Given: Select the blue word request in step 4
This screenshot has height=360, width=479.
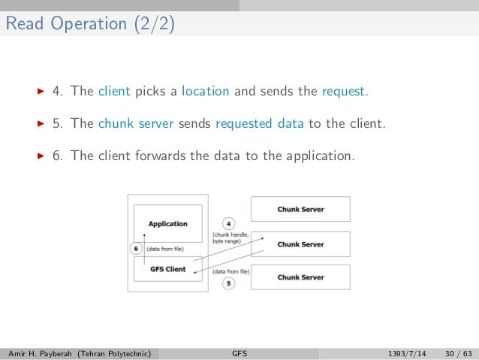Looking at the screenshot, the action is click(x=344, y=92).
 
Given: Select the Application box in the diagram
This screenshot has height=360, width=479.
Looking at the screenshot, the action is click(x=168, y=223).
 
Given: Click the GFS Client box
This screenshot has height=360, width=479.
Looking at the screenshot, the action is click(x=168, y=268).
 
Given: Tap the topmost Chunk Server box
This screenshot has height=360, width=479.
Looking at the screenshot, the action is click(x=300, y=209).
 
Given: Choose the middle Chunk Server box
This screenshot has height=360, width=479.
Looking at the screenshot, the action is click(x=300, y=244).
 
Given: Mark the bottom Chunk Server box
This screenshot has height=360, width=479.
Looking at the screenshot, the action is click(x=300, y=277).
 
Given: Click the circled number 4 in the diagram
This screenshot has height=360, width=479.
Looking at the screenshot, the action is click(x=229, y=223).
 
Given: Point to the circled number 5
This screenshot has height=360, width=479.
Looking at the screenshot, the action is click(x=228, y=283).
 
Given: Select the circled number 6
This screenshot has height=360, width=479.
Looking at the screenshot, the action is click(x=136, y=248).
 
